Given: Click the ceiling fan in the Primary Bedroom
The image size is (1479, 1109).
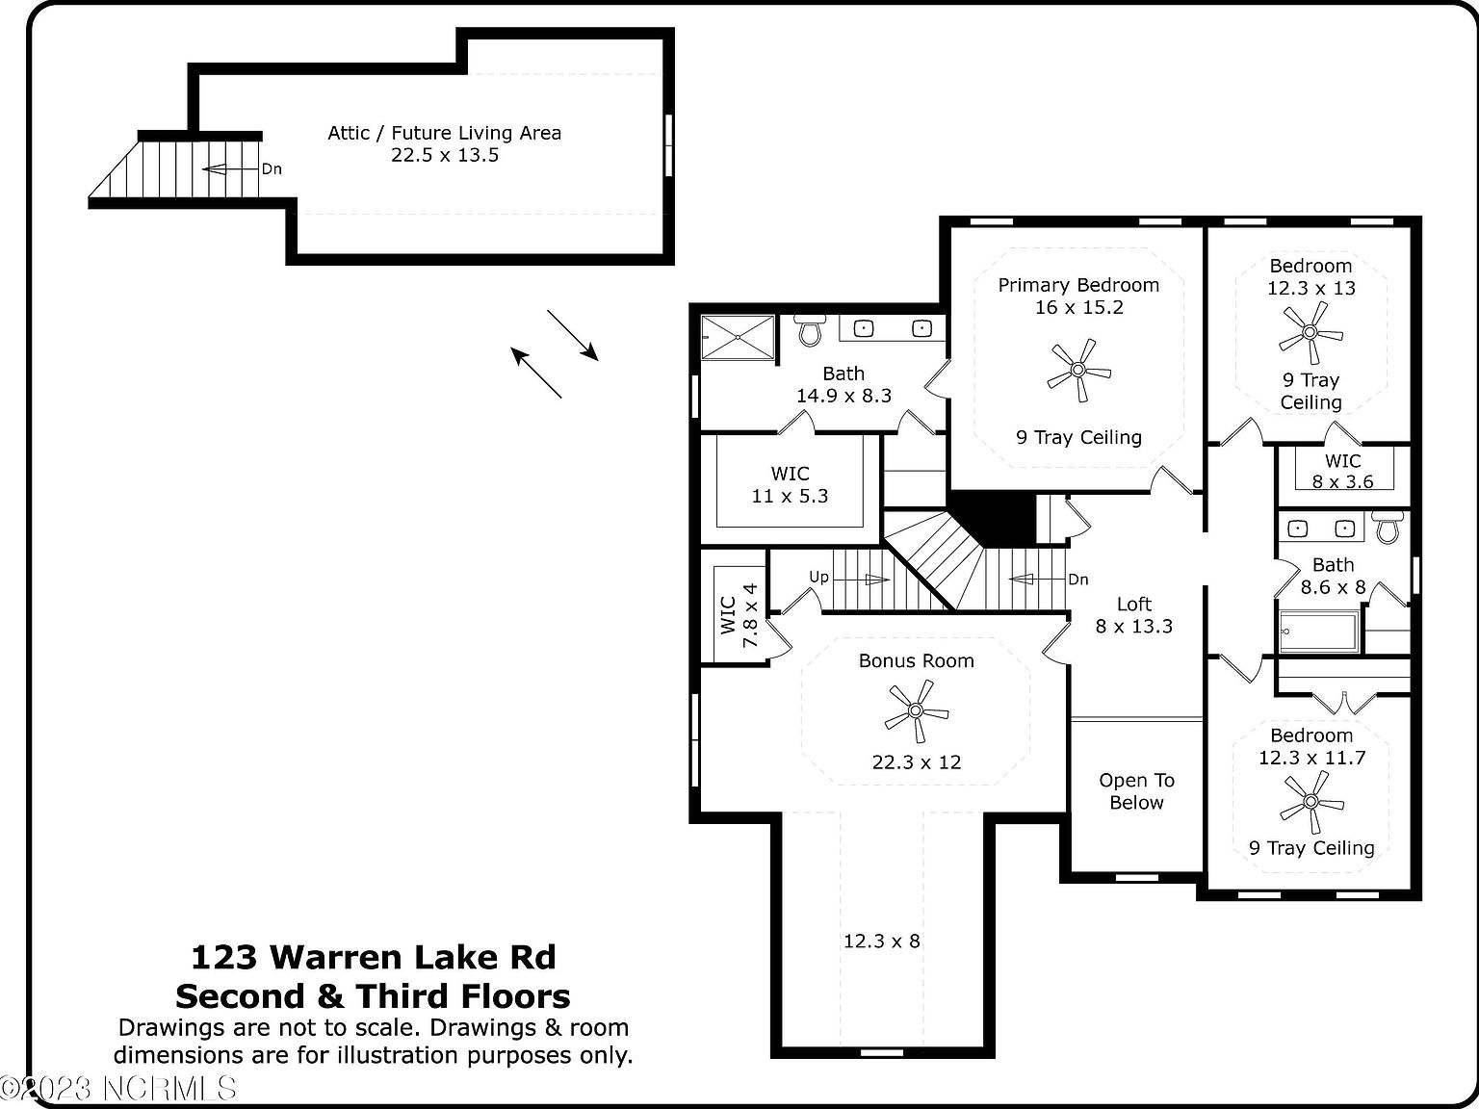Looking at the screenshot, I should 1078,370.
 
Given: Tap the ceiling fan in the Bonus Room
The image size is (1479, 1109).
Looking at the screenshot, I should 916,711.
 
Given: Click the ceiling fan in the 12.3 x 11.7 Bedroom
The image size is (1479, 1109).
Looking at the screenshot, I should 1310,802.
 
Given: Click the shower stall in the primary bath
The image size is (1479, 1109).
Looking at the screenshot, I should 737,337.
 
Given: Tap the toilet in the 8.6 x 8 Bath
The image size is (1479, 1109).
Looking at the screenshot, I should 1388,528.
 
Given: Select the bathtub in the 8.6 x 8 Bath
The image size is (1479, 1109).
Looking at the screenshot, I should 1319,632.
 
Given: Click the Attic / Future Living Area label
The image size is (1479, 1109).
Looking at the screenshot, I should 444,133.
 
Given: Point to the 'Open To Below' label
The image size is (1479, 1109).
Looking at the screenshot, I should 1136,791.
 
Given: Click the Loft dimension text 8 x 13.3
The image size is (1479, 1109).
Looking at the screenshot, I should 1134,627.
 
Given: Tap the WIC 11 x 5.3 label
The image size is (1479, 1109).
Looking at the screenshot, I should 790,484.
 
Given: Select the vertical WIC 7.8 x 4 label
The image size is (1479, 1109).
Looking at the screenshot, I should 739,615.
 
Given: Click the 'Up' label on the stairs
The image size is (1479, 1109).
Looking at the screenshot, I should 818,577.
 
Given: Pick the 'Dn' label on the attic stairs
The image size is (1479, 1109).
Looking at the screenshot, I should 272,169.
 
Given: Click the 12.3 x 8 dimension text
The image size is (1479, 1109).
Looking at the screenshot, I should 881,941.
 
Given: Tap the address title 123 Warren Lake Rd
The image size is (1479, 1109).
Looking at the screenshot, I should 373,957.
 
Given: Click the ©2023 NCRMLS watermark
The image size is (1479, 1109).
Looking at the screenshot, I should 117,1088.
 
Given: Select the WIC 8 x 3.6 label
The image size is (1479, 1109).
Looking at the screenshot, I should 1342,472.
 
